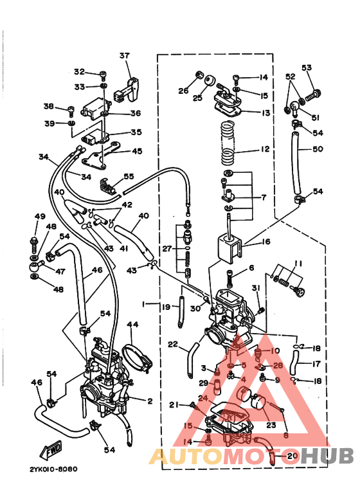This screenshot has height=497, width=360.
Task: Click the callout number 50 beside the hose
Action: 317,149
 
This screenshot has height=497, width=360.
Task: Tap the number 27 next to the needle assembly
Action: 167,248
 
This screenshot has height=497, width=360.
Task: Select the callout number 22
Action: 172,345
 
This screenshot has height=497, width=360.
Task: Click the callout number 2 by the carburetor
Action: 148,401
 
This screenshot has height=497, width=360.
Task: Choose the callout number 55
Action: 129,176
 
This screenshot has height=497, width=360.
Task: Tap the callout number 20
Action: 292,456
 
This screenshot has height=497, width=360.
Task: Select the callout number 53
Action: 306,68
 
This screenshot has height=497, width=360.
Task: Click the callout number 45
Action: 137,151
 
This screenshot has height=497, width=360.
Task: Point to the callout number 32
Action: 79,71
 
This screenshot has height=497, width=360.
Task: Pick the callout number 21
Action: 173,404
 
